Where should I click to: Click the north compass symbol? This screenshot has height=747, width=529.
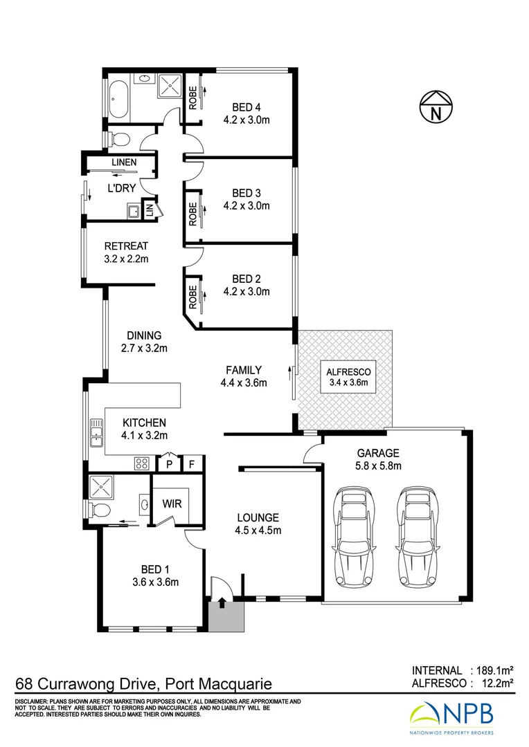[436, 108]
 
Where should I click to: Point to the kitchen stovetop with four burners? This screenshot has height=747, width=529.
[143, 463]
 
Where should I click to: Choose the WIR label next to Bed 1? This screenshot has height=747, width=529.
[172, 504]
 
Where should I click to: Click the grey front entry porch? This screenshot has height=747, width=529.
[226, 615]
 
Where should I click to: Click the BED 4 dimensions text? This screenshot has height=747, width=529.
[246, 120]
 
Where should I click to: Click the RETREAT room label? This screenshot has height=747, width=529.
[126, 246]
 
